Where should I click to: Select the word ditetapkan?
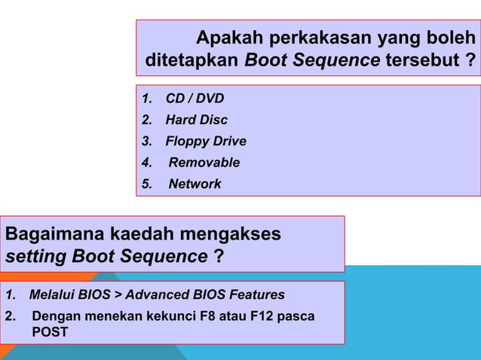tap(192, 59)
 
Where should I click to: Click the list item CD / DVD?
tap(195, 99)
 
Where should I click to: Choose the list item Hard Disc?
tap(196, 120)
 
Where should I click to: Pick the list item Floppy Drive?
tap(206, 142)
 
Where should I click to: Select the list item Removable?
tap(204, 163)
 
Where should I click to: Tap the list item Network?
tap(195, 184)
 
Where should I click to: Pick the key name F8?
tap(207, 316)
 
